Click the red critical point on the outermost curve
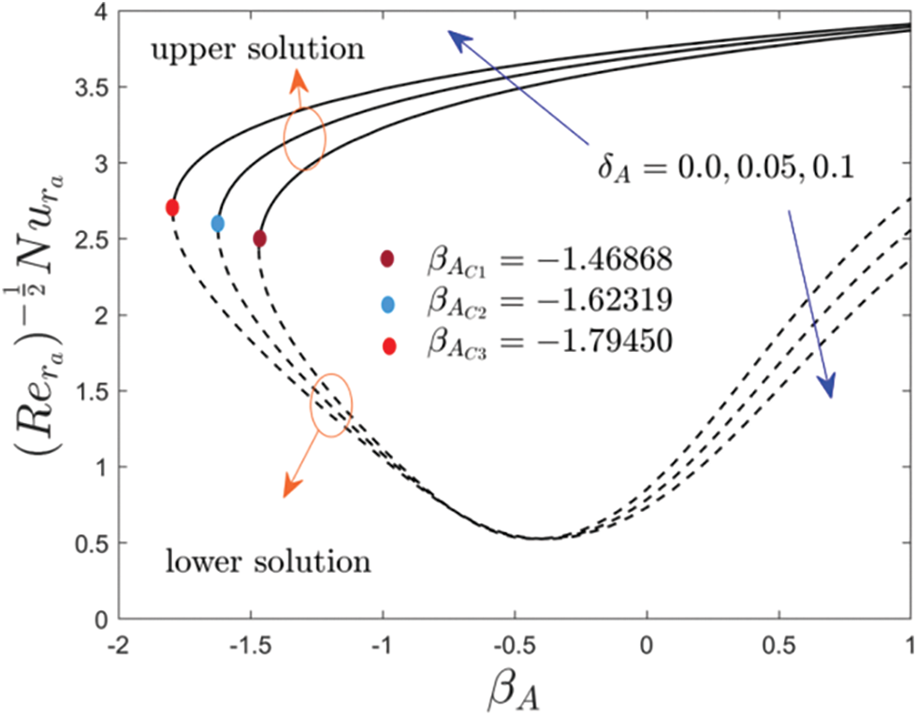coord(172,208)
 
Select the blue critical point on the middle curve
coord(218,224)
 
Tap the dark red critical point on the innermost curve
coord(259,239)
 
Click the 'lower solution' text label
coord(268,563)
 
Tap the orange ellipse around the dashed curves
coord(331,405)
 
